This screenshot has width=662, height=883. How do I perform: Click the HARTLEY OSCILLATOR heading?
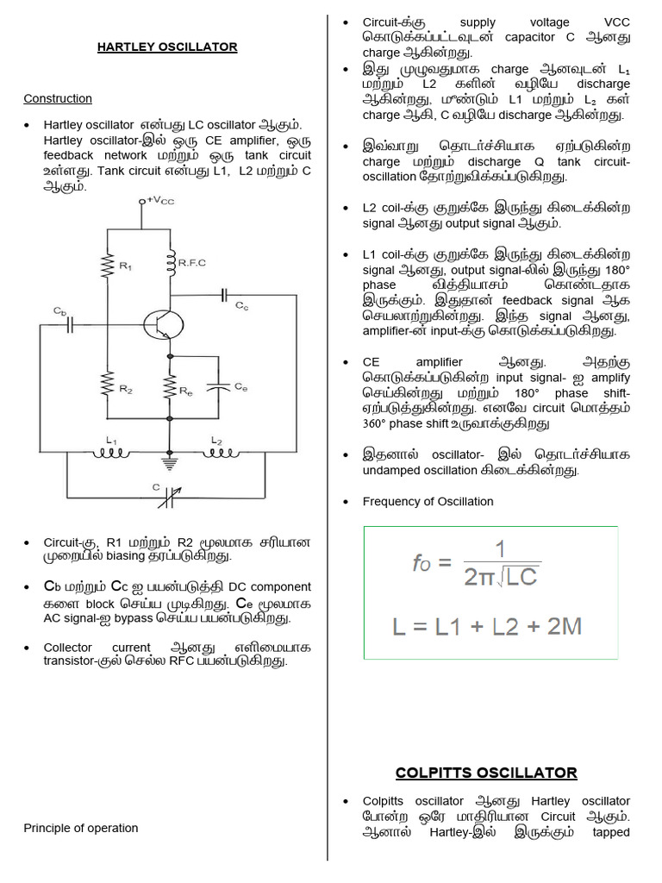(x=167, y=46)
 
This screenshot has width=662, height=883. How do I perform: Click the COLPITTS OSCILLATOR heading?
(x=486, y=772)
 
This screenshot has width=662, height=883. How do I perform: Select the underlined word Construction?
(x=58, y=98)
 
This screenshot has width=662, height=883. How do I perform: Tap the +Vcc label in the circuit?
(x=160, y=200)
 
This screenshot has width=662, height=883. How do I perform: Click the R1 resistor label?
(x=126, y=266)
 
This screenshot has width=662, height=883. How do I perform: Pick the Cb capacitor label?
(x=59, y=310)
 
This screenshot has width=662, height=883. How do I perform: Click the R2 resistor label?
(x=126, y=390)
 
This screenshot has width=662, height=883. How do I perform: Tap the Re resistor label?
(x=186, y=391)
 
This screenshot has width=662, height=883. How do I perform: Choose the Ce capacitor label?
(x=241, y=388)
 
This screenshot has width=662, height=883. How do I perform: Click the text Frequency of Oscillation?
(x=428, y=501)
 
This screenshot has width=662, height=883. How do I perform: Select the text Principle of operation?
(x=80, y=828)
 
